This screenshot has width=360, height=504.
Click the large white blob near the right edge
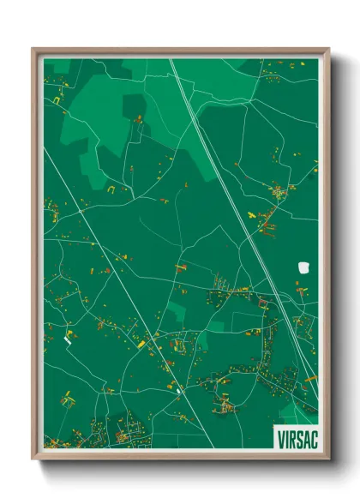pos(303,267)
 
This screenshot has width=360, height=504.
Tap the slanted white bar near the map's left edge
pos(68,340)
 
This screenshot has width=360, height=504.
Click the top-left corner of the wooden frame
pos(33,49)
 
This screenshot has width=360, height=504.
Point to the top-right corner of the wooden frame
pos(328,49)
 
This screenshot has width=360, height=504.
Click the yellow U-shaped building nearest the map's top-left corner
pos(58,100)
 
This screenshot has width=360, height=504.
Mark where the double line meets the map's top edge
pos(171,59)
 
